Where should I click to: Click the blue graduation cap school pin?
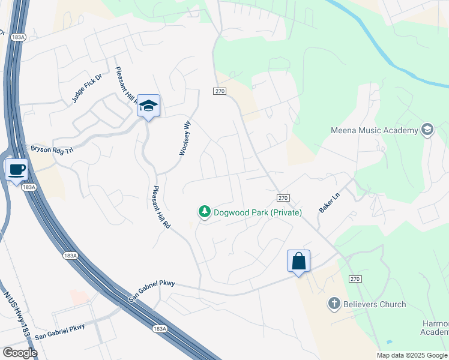coord(148,107)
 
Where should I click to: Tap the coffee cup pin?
coord(16,169)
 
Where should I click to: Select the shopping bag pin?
coord(298,262)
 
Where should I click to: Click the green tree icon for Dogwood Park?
coord(204,212)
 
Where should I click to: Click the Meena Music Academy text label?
coord(374,130)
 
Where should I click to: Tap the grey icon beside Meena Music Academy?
coord(427,130)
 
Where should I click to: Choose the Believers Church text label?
coord(375,304)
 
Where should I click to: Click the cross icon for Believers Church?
coord(334,304)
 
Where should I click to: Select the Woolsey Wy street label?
coord(185,138)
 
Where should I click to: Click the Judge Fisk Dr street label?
coord(88,88)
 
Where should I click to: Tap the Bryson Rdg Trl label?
coord(51,148)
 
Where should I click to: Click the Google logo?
coord(20,353)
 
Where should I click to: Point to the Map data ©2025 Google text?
coord(412,355)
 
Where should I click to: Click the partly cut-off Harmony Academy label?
coord(435,328)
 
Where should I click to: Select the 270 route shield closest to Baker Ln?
coord(284,197)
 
